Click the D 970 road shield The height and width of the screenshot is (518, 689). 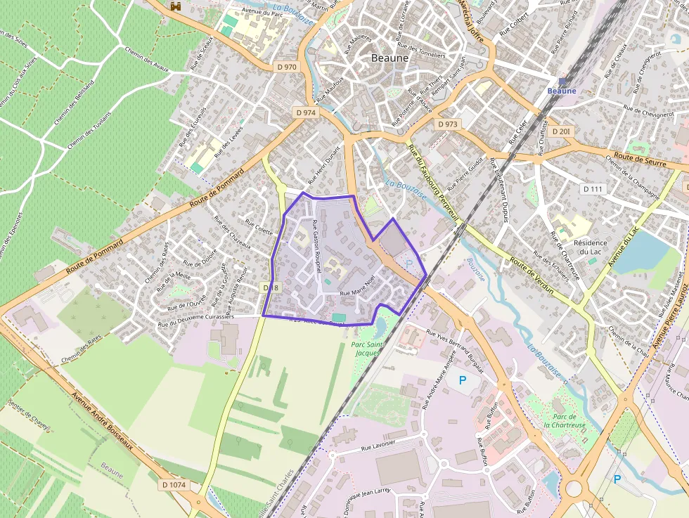coord(287,67)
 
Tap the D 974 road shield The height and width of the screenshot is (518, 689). coord(305,112)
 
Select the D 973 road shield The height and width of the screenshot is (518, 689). coord(447,124)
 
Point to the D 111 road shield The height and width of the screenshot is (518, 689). coord(593,189)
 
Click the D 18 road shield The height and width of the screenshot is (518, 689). coord(271,287)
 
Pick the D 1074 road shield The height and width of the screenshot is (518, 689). coord(174,485)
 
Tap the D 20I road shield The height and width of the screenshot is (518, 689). coord(561,131)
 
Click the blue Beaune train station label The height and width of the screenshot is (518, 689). coord(562,91)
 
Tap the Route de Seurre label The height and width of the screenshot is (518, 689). coord(639,159)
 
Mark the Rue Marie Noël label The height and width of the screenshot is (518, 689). coord(358,292)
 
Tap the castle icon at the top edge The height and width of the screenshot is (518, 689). coord(176,6)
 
